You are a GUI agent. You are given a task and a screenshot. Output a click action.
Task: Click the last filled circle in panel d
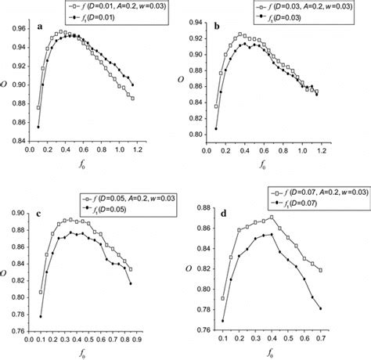pos(321,309)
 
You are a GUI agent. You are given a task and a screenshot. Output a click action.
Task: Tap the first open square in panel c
pos(41,292)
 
